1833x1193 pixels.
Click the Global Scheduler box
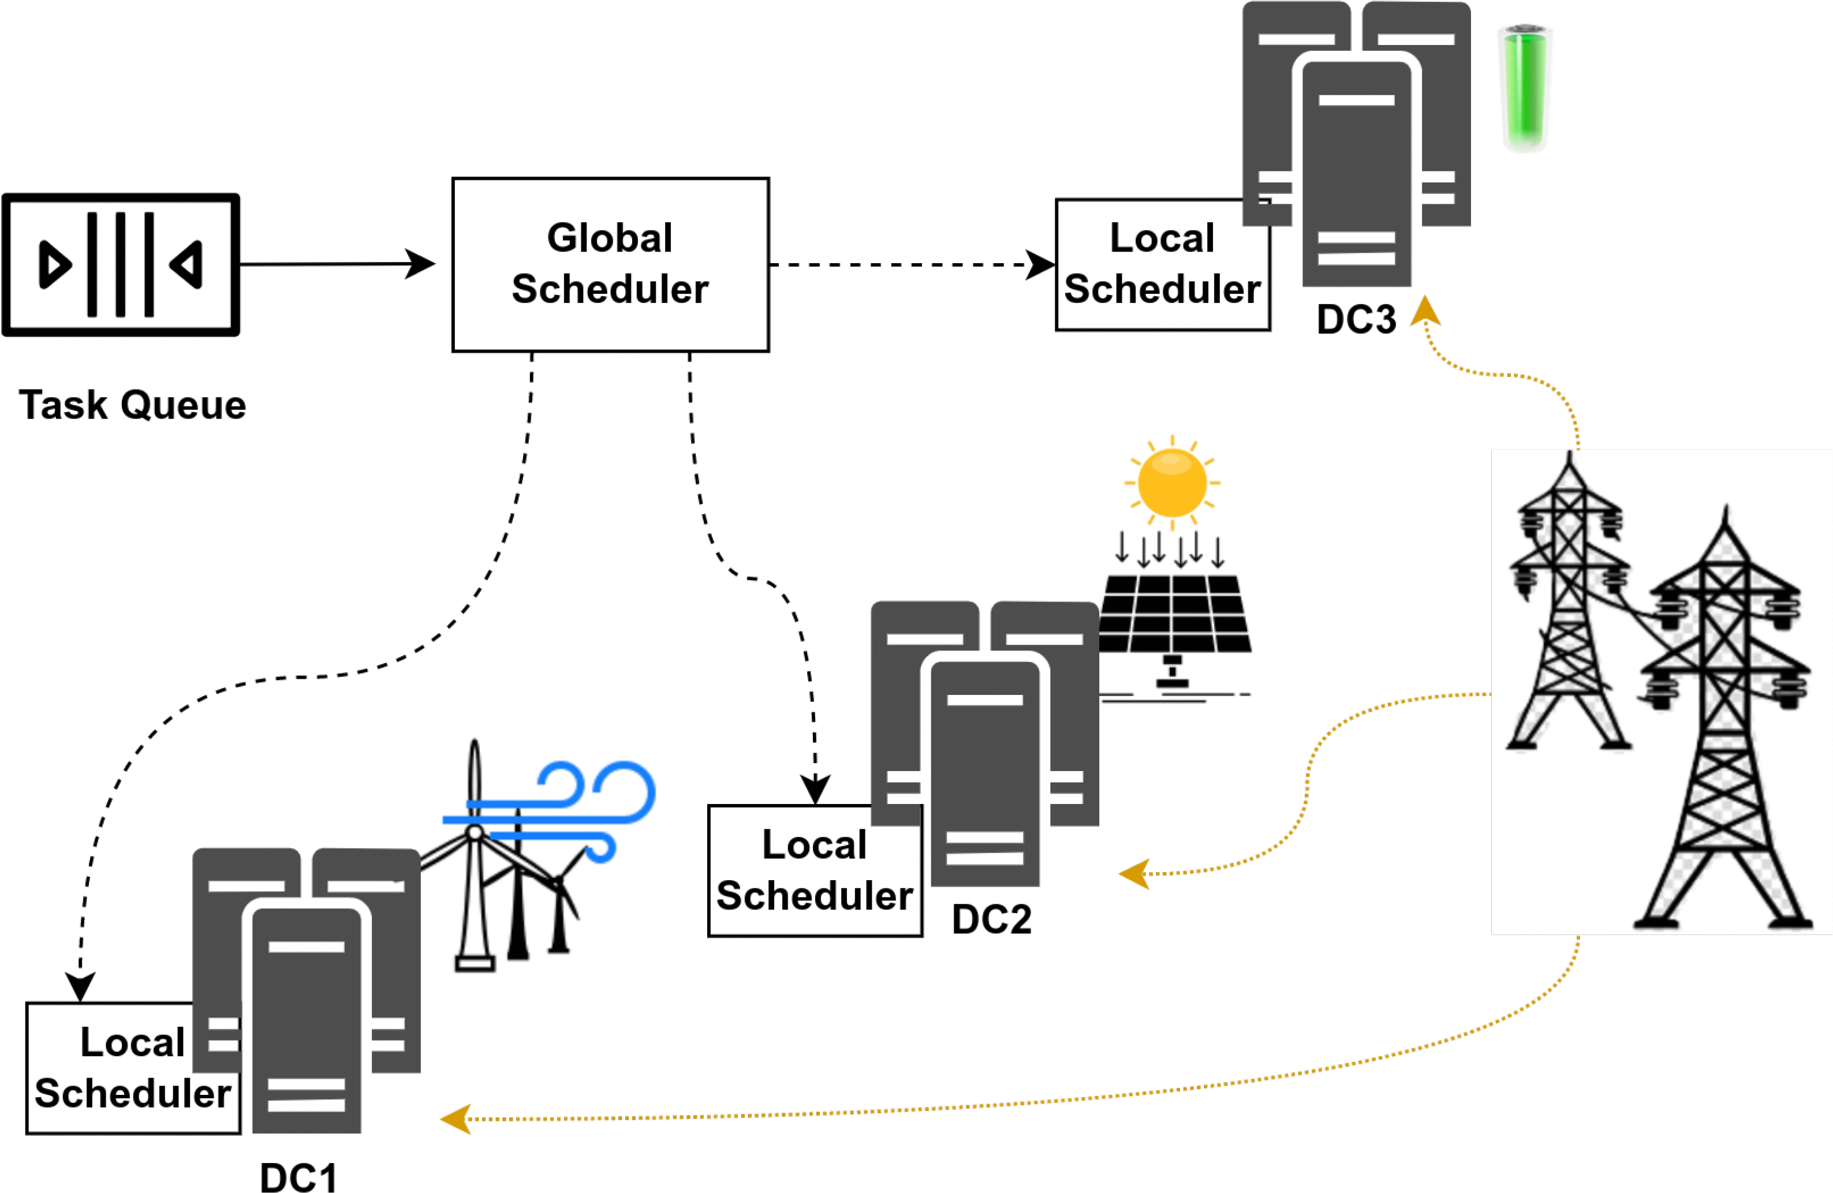[x=610, y=264]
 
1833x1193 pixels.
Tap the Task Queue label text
[x=132, y=405]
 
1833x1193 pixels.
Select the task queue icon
[x=121, y=264]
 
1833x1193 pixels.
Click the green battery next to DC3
[x=1524, y=87]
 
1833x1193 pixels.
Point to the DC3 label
[x=1356, y=319]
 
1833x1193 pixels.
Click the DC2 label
[x=991, y=919]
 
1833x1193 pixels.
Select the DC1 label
[x=298, y=1177]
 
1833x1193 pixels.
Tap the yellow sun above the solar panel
[x=1172, y=483]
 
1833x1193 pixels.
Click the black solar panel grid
[x=1174, y=614]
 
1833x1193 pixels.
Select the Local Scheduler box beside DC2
[x=813, y=870]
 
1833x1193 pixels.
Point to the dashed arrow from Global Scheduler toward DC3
[x=909, y=264]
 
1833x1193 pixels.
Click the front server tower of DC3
[x=1356, y=170]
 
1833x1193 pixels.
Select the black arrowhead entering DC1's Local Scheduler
[x=80, y=986]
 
